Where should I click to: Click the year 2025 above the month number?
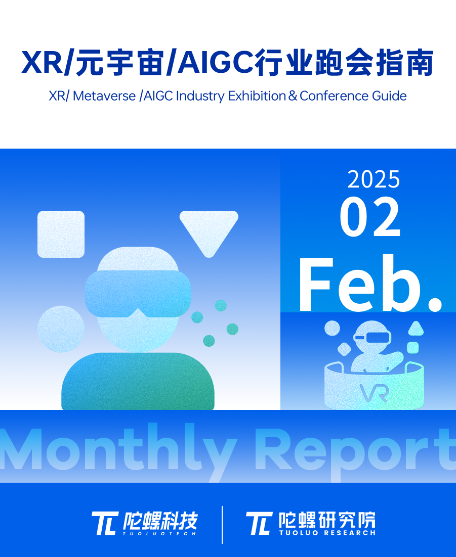pyautogui.click(x=374, y=179)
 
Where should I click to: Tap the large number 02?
pyautogui.click(x=370, y=217)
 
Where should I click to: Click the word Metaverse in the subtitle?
pyautogui.click(x=104, y=96)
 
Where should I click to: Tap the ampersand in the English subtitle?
pyautogui.click(x=293, y=96)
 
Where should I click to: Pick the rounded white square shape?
pyautogui.click(x=61, y=234)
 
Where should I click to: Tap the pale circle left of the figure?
pyautogui.click(x=61, y=329)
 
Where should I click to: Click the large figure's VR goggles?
pyautogui.click(x=138, y=294)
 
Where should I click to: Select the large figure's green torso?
pyautogui.click(x=138, y=381)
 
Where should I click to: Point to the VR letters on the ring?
pyautogui.click(x=374, y=393)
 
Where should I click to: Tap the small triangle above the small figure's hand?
pyautogui.click(x=416, y=328)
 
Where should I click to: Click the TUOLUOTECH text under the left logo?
pyautogui.click(x=159, y=533)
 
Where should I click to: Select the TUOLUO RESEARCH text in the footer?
pyautogui.click(x=327, y=533)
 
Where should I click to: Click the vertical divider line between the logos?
pyautogui.click(x=222, y=525)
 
